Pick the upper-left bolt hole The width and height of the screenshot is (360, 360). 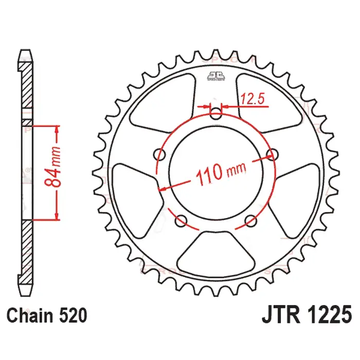[x=158, y=154]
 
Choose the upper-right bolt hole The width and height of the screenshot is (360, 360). [x=273, y=154]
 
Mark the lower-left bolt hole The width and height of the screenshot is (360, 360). [x=181, y=221]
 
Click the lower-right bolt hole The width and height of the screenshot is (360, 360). [x=251, y=221]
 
